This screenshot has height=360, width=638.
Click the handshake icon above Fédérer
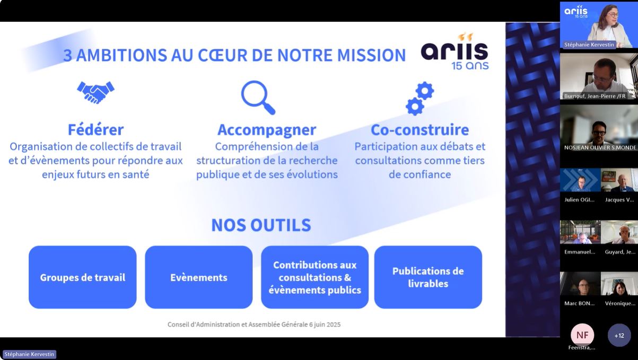tap(95, 92)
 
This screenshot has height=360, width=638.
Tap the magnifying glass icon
tap(258, 98)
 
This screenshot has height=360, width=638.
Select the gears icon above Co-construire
tap(420, 99)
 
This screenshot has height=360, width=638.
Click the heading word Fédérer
tap(95, 129)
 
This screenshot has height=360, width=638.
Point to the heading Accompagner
tap(267, 130)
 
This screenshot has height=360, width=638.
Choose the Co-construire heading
tap(420, 129)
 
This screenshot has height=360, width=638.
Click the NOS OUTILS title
tap(261, 225)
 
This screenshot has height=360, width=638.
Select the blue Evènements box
tap(199, 277)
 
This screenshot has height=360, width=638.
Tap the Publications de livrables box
tap(428, 277)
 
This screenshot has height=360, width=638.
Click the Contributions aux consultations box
tap(314, 277)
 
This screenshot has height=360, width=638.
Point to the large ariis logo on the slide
tap(455, 51)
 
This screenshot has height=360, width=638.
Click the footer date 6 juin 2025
tap(325, 324)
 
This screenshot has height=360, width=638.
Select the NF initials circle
tap(582, 335)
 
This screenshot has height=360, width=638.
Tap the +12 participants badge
tap(619, 335)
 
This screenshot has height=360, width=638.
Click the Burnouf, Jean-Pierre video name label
tap(595, 96)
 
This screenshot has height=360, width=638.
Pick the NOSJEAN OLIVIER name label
tap(600, 147)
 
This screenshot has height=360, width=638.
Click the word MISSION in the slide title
tap(371, 55)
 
